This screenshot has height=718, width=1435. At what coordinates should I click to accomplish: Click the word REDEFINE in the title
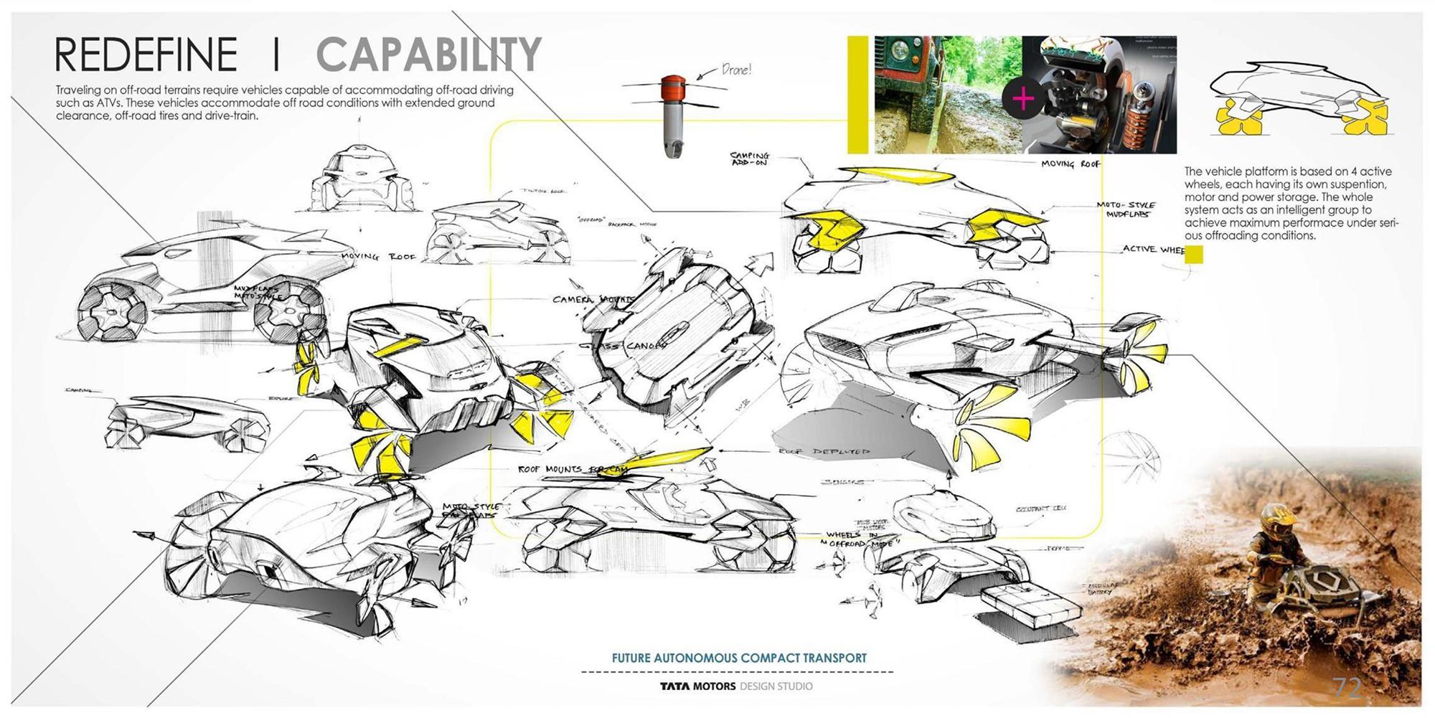coord(146,55)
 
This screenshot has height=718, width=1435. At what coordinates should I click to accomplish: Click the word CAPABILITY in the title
coord(428,55)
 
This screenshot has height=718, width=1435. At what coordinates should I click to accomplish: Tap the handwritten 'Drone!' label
coord(735,70)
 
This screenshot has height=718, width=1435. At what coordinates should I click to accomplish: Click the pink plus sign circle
coord(1023,98)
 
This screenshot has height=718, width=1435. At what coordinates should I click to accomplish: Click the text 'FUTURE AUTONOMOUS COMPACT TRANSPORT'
coord(739,658)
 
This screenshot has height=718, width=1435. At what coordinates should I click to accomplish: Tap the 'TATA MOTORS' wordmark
coord(697,686)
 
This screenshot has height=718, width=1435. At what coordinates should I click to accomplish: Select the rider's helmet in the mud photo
coord(1276,514)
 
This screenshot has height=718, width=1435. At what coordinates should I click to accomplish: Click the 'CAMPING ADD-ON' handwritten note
coord(750,159)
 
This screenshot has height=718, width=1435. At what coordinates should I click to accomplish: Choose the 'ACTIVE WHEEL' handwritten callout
coord(1153,250)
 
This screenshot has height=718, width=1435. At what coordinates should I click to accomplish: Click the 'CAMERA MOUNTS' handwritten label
coord(593,299)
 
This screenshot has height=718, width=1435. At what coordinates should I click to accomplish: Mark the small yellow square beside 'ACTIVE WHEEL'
coord(1193,255)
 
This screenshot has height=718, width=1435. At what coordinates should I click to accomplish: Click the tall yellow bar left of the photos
coord(857,95)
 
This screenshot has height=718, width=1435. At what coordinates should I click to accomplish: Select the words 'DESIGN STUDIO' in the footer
coord(776,686)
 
